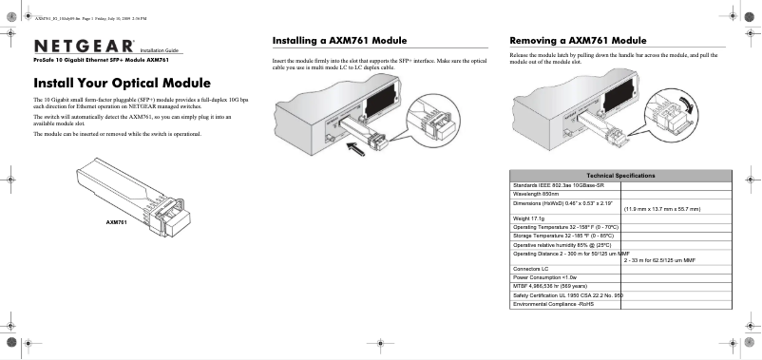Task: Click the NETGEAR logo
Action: tap(85, 47)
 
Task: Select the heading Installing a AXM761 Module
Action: tap(340, 41)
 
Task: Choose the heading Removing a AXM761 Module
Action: tap(579, 41)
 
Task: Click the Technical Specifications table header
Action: tap(622, 177)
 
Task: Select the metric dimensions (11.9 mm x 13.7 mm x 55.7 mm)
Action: tap(661, 208)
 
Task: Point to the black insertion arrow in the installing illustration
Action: tap(357, 145)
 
